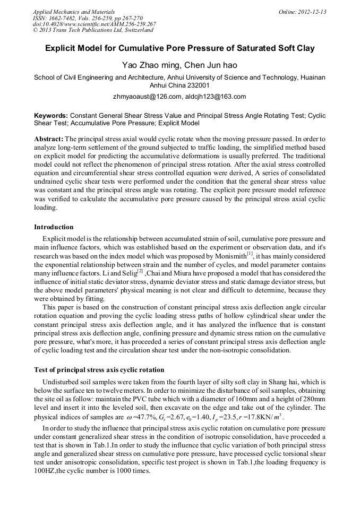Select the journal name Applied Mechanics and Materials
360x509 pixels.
tap(67, 12)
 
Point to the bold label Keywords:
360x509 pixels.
tap(51, 115)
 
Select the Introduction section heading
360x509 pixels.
tap(54, 227)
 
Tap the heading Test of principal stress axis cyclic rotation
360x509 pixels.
tap(99, 369)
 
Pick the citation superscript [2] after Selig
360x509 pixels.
tap(140, 271)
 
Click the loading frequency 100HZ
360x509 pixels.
tap(45, 470)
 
